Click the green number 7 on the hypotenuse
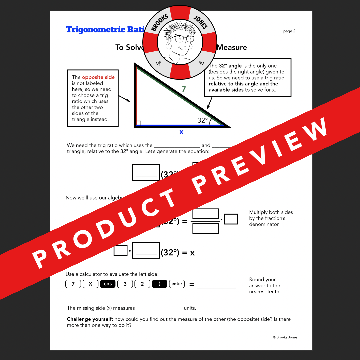(183, 89)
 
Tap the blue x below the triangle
(181, 132)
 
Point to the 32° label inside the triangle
(202, 120)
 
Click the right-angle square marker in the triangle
(139, 124)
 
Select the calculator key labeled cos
(108, 284)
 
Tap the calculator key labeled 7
(73, 284)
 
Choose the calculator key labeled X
(90, 284)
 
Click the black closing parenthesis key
(159, 284)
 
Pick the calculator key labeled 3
(125, 284)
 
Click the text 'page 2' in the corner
(289, 31)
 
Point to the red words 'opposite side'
(98, 77)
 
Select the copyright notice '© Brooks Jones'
(285, 337)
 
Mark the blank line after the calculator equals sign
(216, 286)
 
